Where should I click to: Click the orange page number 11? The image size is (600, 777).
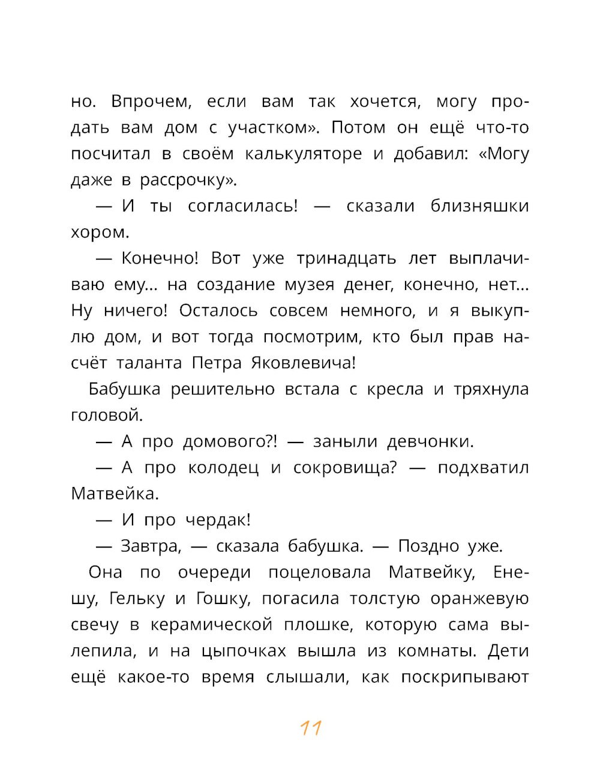311,728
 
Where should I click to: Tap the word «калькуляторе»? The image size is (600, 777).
303,154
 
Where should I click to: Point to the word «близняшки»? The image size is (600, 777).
479,206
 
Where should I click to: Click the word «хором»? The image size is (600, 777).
99,232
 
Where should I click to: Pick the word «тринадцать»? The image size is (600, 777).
346,259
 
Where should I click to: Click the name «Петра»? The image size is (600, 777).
217,363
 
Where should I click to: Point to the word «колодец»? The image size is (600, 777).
223,468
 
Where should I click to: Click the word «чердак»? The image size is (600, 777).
217,520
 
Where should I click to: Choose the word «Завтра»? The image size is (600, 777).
151,546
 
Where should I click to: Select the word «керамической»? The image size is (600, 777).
211,625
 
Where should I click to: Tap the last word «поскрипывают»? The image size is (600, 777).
464,677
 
